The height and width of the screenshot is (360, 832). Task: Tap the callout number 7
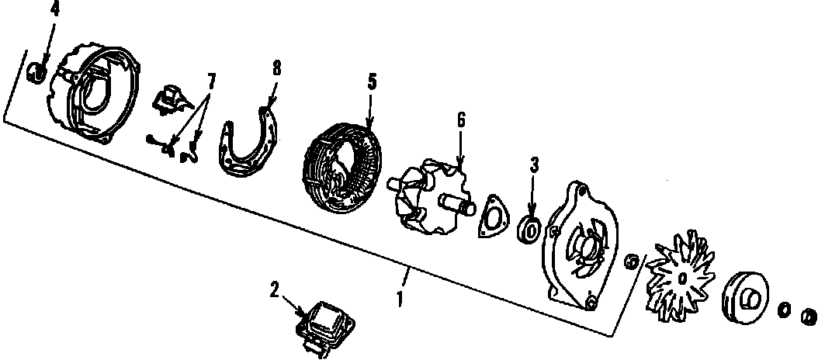tap(211, 79)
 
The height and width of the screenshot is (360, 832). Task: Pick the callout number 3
tap(533, 164)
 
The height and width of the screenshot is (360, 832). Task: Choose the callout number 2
tap(274, 290)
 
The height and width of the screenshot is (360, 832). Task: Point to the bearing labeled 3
tap(530, 229)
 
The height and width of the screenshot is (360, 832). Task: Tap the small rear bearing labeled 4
tap(36, 73)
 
